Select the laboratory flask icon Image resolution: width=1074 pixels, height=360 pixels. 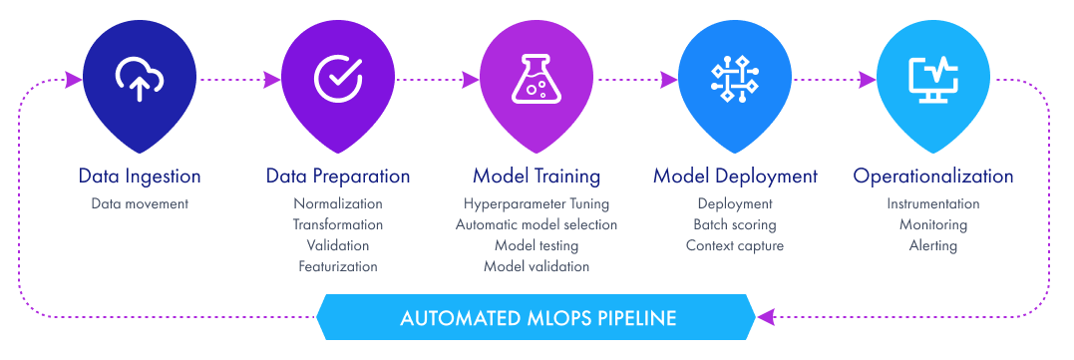coord(536,79)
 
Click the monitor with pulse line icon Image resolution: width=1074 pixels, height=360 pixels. coord(933,79)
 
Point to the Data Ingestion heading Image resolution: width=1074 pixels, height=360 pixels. coord(140,177)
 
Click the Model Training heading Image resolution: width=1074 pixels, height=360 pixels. coord(537,177)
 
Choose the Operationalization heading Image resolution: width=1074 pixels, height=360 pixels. coord(933,177)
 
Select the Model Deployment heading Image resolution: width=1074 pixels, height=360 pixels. coord(735,177)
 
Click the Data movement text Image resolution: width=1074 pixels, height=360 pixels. coord(140,204)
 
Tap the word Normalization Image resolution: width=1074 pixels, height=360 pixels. coord(338,204)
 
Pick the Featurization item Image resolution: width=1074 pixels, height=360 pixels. coord(338,266)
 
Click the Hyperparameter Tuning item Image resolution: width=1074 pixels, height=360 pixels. coord(537,204)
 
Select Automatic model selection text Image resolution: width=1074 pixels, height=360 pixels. coord(537,225)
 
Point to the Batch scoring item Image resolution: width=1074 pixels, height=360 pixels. coord(735,225)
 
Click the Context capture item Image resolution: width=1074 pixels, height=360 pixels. coord(735,245)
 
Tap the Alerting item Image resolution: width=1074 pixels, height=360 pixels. coord(933,245)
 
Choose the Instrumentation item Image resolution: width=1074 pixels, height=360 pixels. coord(933,204)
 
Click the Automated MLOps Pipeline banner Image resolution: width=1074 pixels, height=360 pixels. coord(537,319)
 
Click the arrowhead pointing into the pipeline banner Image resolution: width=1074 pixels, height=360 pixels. coord(765,318)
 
